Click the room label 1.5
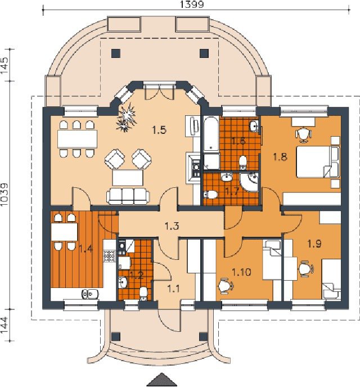[x=159, y=130]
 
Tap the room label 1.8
[x=280, y=156]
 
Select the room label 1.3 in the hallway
[x=172, y=226]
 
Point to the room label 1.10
[x=241, y=272]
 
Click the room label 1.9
[x=314, y=244]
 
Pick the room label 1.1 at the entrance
[x=174, y=288]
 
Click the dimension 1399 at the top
[x=192, y=4]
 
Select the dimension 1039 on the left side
[x=4, y=195]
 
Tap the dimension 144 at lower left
[x=4, y=325]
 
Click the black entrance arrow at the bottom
[x=162, y=380]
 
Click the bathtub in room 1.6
[x=211, y=133]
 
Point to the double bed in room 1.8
[x=318, y=162]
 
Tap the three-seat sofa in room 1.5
[x=128, y=196]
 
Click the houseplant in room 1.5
[x=126, y=117]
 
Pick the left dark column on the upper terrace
[x=116, y=53]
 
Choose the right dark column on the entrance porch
[x=203, y=336]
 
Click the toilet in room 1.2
[x=143, y=294]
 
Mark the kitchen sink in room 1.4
[x=90, y=294]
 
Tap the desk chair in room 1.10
[x=225, y=286]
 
